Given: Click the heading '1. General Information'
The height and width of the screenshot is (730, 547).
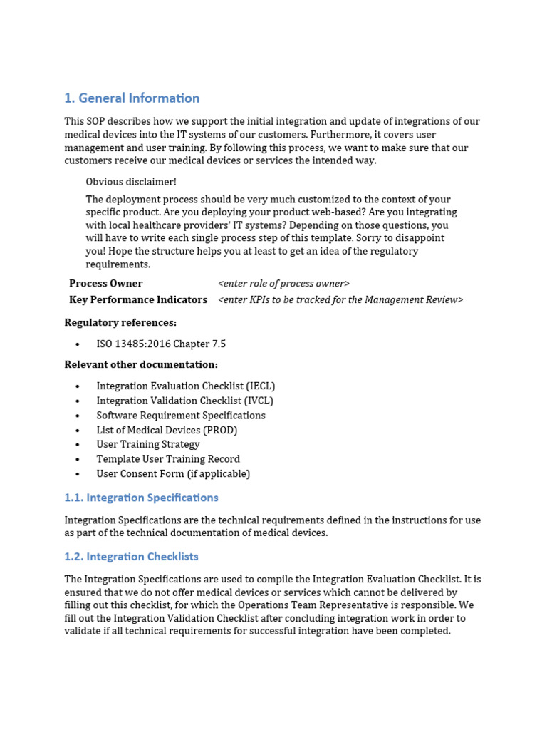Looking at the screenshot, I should [132, 98].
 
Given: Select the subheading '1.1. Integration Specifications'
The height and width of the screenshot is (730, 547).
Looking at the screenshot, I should [141, 498].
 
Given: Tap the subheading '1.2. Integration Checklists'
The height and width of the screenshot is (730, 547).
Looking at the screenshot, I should [131, 557].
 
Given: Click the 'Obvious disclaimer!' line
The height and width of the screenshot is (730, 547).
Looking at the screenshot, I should [131, 182].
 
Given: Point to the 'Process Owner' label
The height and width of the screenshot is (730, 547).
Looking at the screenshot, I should [105, 284].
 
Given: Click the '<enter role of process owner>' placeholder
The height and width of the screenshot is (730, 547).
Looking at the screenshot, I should [283, 284].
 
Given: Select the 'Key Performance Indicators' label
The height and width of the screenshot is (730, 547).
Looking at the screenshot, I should [138, 300].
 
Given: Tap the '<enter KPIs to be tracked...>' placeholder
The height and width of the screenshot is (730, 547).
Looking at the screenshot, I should [340, 300].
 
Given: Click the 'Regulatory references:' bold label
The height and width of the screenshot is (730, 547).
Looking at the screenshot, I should [120, 322].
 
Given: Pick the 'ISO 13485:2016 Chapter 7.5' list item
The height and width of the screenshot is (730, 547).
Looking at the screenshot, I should [161, 344].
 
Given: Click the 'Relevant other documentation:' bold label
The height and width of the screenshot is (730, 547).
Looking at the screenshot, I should [141, 365].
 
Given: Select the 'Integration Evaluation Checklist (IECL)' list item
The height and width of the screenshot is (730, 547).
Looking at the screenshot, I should [185, 386].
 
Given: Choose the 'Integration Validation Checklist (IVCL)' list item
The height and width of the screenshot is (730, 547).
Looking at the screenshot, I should [184, 401].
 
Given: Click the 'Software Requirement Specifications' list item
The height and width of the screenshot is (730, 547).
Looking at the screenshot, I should [181, 416].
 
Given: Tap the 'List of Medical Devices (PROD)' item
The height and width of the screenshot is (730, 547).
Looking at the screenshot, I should [167, 431].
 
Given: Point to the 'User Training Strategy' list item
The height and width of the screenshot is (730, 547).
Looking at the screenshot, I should [148, 445].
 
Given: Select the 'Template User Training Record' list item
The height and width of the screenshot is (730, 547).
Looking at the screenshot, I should [168, 459].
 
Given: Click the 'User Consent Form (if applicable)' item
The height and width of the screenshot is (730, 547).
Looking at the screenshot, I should [173, 474].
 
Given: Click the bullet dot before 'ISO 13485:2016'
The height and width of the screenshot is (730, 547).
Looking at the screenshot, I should [78, 344].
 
